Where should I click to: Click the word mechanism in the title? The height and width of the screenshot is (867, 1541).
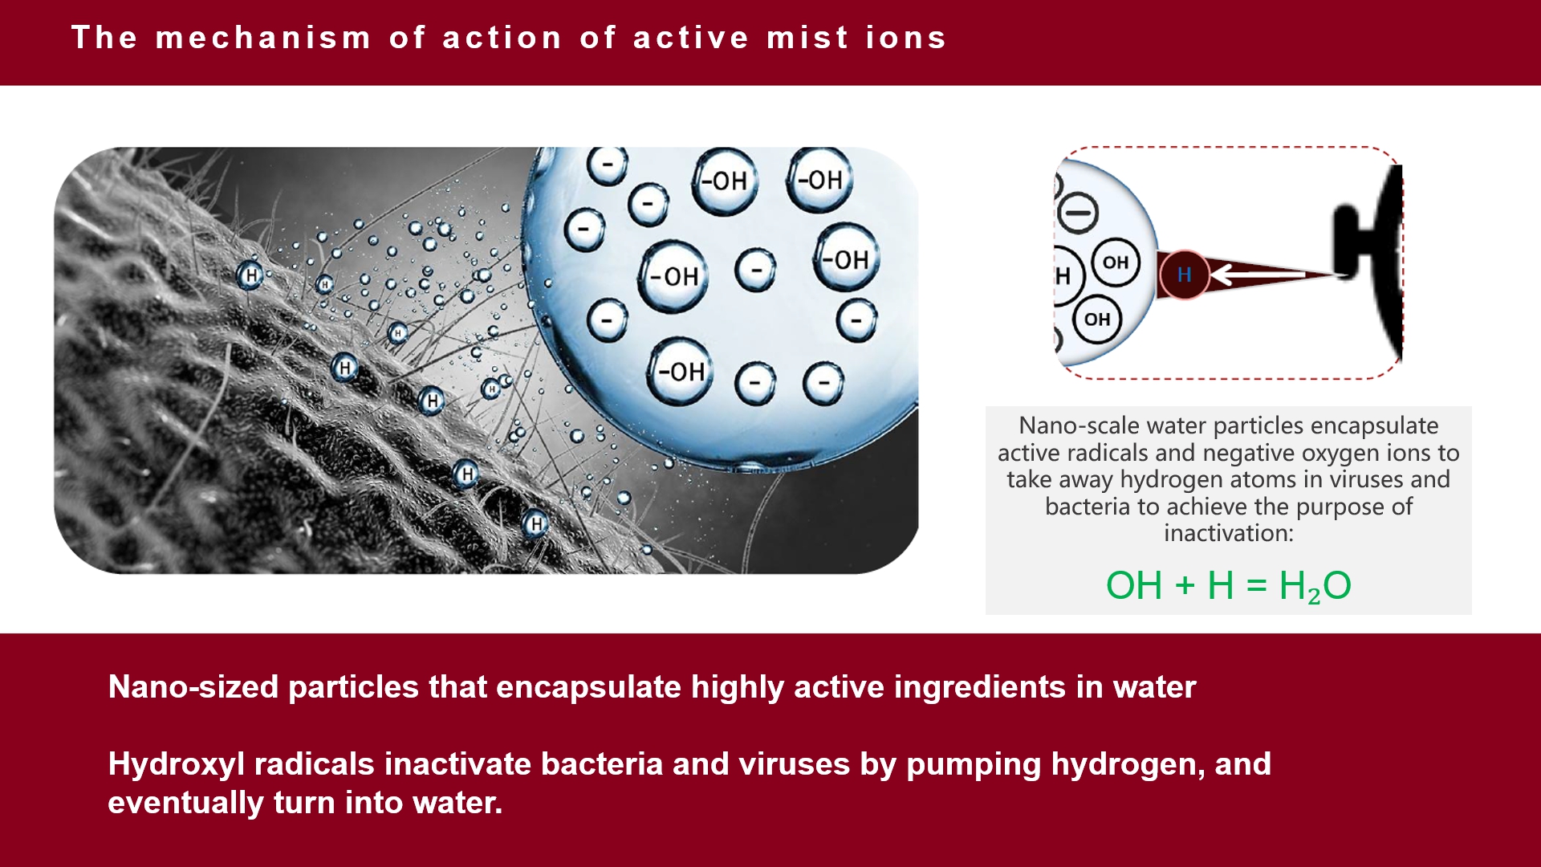tap(263, 38)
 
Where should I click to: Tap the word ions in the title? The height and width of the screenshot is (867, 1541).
tap(906, 38)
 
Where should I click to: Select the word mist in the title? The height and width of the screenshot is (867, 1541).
tap(807, 38)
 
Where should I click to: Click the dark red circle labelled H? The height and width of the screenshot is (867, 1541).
tap(1184, 275)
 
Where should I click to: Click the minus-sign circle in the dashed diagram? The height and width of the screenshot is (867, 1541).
tap(1078, 213)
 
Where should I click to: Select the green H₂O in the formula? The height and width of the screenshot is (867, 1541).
tap(1315, 586)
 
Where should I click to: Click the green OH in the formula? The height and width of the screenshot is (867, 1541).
tap(1134, 585)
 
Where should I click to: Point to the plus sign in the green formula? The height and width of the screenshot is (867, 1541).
tap(1185, 586)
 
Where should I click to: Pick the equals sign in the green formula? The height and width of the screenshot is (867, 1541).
tap(1256, 586)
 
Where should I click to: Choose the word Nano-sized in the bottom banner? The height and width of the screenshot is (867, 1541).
tap(193, 687)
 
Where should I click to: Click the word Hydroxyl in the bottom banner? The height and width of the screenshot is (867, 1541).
tap(177, 765)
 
